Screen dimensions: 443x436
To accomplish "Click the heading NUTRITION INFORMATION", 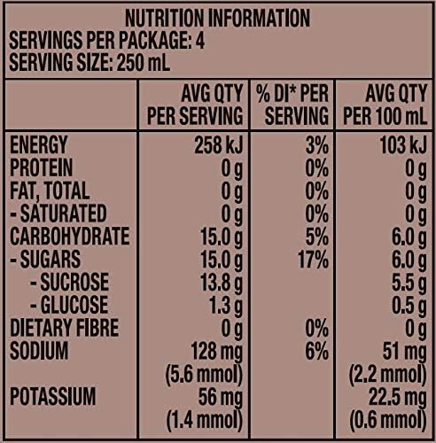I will [x=217, y=19].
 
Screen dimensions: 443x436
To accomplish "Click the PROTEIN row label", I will [x=42, y=167].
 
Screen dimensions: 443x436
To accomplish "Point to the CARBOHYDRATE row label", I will [x=68, y=237].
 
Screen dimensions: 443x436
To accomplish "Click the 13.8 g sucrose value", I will [x=217, y=283].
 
